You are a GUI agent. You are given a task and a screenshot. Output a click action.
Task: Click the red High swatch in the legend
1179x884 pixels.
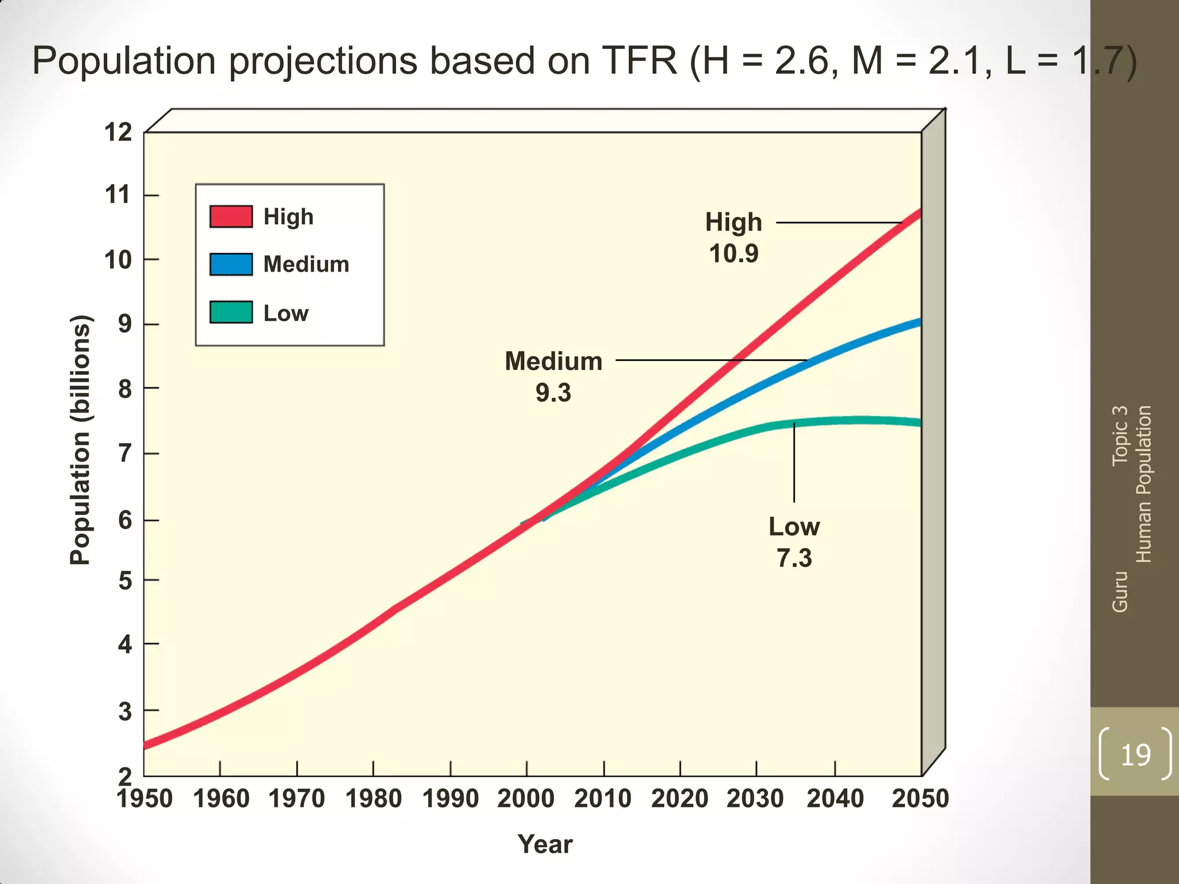click(231, 216)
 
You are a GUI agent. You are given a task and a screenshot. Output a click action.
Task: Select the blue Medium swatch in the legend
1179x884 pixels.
click(231, 264)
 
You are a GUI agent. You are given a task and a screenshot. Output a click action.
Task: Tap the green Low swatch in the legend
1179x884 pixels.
click(231, 313)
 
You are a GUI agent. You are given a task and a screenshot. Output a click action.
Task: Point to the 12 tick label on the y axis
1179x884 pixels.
click(118, 132)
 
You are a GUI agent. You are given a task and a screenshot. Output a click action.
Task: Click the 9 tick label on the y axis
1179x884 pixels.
click(125, 325)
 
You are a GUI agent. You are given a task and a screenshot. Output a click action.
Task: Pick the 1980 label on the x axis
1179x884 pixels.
click(373, 799)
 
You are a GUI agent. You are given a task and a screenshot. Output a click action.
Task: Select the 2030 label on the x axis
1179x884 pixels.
click(755, 799)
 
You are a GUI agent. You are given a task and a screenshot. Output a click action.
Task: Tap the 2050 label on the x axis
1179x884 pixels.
click(920, 799)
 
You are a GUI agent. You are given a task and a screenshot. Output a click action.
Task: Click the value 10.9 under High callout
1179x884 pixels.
click(733, 254)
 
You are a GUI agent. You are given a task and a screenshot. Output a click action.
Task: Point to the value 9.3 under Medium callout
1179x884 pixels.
click(553, 393)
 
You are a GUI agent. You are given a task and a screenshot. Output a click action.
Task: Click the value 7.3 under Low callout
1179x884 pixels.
click(794, 558)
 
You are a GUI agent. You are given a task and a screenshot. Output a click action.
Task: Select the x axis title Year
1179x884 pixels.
click(545, 844)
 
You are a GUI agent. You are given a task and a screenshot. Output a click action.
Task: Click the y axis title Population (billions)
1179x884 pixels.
click(80, 440)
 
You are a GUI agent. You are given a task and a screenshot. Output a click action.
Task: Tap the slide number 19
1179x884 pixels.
click(1135, 755)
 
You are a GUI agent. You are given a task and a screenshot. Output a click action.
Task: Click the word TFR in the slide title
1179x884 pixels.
click(639, 60)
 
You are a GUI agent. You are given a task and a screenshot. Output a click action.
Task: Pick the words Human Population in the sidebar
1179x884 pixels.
click(1143, 483)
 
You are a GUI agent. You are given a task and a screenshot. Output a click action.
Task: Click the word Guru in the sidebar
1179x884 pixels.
click(1120, 592)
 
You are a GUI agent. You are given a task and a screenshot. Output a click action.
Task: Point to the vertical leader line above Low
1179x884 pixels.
click(794, 463)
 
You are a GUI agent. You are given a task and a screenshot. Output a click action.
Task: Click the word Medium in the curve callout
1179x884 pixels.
click(553, 361)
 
